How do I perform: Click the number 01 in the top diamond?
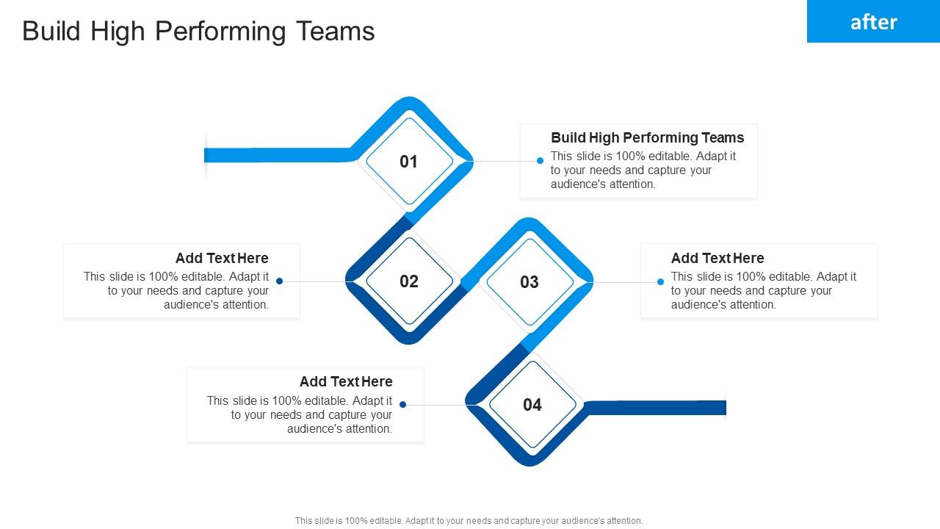pos(408,162)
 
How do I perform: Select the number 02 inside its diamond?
pos(408,281)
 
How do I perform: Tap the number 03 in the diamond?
pos(529,282)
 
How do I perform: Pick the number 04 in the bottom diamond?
pos(532,405)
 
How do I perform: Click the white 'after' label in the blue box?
pos(873,22)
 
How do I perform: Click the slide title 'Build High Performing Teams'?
pos(198,32)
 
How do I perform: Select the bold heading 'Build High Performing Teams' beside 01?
pos(647,137)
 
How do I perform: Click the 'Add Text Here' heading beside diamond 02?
pos(222,258)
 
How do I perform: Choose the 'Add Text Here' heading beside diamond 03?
pos(717,258)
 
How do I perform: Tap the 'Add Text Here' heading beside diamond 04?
pos(346,381)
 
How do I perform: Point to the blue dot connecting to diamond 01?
pos(540,161)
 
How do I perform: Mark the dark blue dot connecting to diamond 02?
pos(280,281)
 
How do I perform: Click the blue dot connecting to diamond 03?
pos(660,282)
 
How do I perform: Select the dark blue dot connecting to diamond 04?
pos(403,405)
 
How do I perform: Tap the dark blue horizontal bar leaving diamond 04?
pos(657,408)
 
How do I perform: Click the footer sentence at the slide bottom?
pos(469,521)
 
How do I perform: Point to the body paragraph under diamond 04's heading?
pos(300,414)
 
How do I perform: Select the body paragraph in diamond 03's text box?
pos(763,290)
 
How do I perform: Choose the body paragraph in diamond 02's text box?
pos(176,290)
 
